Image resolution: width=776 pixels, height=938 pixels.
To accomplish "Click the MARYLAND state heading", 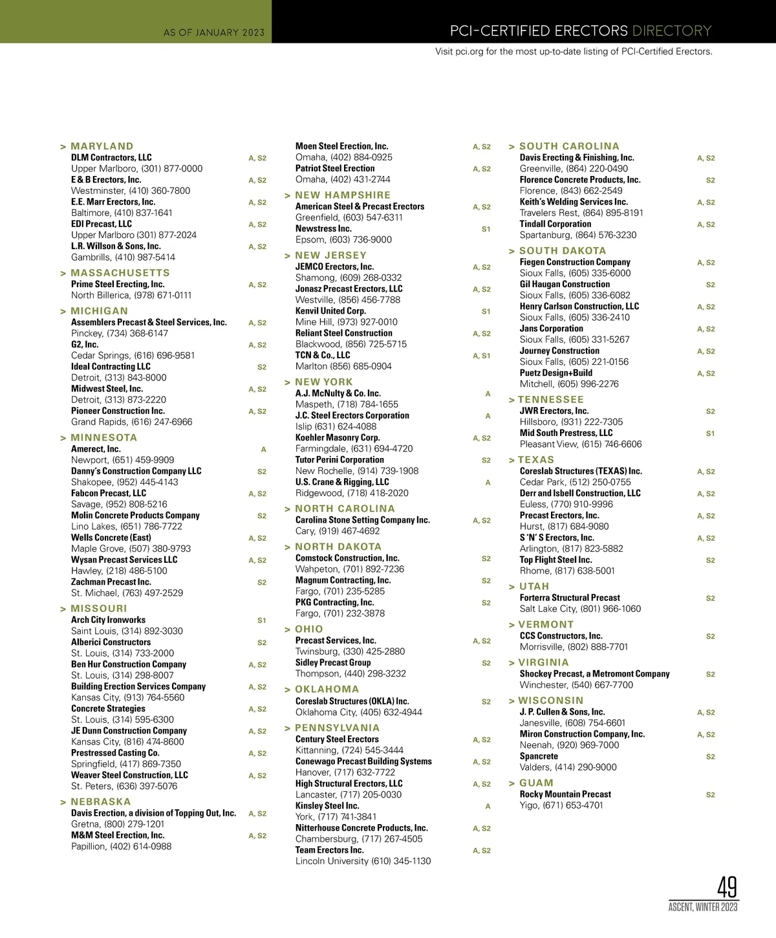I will pyautogui.click(x=102, y=146).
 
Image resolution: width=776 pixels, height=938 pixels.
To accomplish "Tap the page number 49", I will pyautogui.click(x=727, y=887).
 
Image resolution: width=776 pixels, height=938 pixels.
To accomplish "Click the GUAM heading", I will pyautogui.click(x=536, y=783).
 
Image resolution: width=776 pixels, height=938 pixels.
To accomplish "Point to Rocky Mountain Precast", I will pyautogui.click(x=565, y=794).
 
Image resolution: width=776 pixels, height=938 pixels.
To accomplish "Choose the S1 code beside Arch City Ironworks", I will pyautogui.click(x=262, y=620).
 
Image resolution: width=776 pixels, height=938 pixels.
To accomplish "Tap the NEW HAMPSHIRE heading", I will pyautogui.click(x=343, y=195).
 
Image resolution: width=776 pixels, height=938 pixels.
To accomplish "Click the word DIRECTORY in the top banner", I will pyautogui.click(x=671, y=30).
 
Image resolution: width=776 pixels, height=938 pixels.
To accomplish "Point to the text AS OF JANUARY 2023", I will pyautogui.click(x=214, y=32).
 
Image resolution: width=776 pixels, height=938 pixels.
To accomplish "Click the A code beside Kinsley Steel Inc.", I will pyautogui.click(x=488, y=807).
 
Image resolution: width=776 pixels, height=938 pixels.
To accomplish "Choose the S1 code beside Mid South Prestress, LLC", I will pyautogui.click(x=710, y=433).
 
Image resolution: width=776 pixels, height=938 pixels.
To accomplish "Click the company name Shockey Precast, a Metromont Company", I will pyautogui.click(x=594, y=673).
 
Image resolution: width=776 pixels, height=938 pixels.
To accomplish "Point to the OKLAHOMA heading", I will pyautogui.click(x=327, y=690).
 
